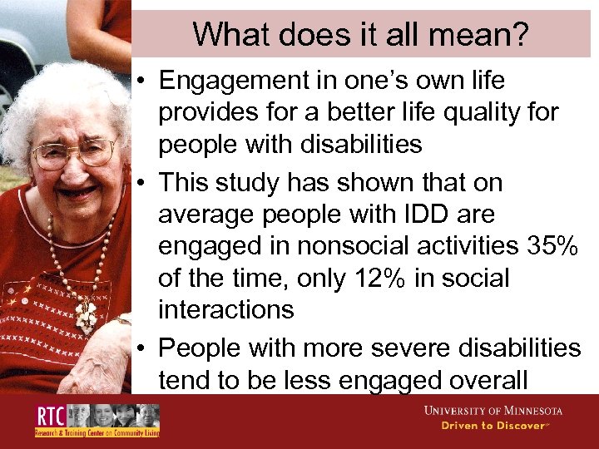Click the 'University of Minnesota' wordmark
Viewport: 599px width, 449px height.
493,411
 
